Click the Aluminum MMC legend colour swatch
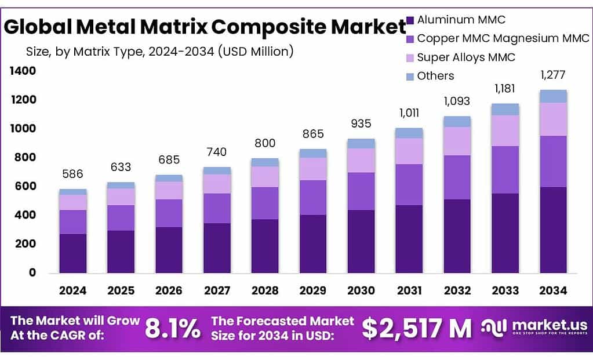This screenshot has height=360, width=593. (x=410, y=20)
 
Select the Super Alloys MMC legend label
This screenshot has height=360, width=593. (x=465, y=57)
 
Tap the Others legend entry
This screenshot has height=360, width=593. (x=435, y=76)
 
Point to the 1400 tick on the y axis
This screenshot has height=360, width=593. (x=23, y=71)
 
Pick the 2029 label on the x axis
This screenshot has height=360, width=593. (x=313, y=290)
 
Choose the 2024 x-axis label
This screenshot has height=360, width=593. (x=72, y=290)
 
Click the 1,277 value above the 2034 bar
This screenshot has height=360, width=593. (x=552, y=75)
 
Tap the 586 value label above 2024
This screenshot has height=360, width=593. (x=72, y=174)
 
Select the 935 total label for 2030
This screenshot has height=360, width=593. (x=361, y=123)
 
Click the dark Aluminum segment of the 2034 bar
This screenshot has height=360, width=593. (x=553, y=230)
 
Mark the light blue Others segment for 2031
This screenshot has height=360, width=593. (x=409, y=133)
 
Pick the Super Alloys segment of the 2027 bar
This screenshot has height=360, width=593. (x=217, y=184)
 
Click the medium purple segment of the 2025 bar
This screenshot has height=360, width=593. (x=121, y=217)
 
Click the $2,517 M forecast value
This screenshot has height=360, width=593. (x=416, y=329)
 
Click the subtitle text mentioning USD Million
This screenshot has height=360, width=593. (x=159, y=52)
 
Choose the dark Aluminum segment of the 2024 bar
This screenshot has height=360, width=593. (x=72, y=253)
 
